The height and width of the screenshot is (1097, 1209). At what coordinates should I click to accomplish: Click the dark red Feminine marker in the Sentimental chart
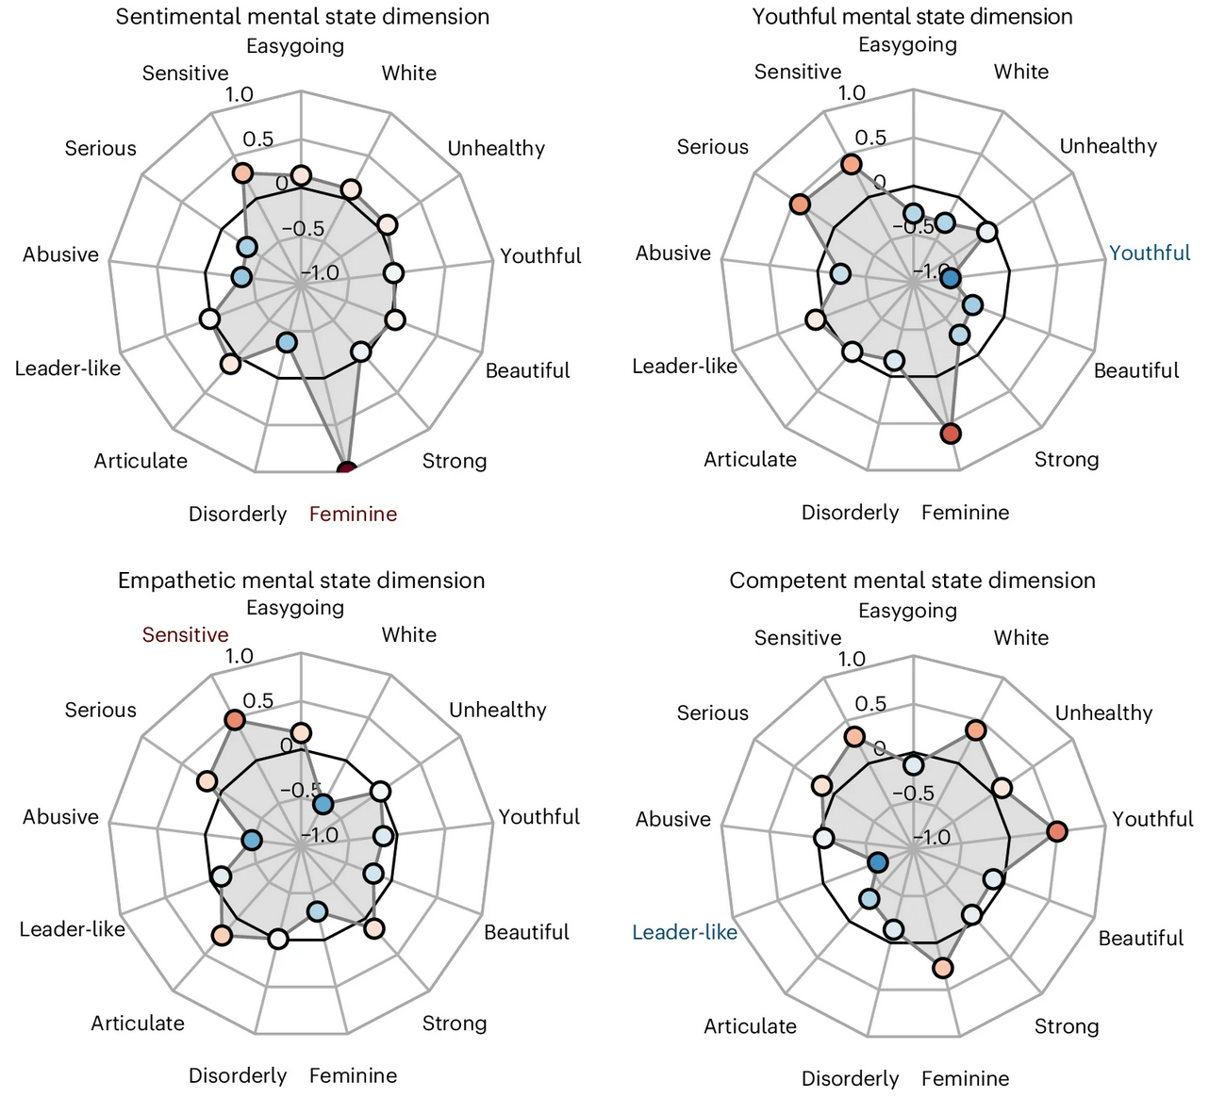(x=346, y=468)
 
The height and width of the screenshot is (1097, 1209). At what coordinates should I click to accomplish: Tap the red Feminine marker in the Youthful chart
(x=950, y=434)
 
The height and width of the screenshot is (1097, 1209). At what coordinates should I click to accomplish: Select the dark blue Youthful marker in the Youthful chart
(x=950, y=278)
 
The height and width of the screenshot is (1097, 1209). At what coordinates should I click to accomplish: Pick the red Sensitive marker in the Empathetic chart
(x=234, y=721)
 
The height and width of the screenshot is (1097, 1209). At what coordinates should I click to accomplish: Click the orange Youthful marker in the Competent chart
(x=1056, y=831)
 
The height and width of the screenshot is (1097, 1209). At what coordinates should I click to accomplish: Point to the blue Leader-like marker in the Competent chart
(x=878, y=862)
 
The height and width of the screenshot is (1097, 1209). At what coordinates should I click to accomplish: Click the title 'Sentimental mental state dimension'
(x=302, y=16)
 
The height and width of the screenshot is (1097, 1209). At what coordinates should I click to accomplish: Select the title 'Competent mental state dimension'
(x=912, y=580)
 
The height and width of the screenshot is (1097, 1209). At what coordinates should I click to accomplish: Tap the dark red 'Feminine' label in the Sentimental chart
(x=353, y=514)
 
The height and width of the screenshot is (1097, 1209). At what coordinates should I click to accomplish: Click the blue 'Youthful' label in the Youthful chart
(x=1150, y=253)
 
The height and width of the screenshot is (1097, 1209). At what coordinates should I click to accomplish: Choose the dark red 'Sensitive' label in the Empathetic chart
(x=185, y=634)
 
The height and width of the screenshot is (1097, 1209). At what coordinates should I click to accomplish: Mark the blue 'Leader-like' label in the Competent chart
(x=685, y=932)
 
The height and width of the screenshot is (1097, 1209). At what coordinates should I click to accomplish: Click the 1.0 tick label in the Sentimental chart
(x=240, y=94)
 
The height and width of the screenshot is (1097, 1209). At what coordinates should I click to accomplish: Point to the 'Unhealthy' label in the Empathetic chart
(x=497, y=710)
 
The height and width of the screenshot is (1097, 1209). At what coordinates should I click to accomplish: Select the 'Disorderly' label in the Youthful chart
(x=850, y=512)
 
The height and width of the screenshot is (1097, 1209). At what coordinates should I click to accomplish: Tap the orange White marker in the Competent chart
(x=975, y=730)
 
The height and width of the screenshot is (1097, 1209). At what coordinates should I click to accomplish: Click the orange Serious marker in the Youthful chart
(x=800, y=205)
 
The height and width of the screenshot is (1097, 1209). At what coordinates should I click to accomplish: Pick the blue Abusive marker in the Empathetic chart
(x=250, y=840)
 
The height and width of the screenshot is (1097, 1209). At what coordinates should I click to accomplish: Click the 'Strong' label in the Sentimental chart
(x=454, y=461)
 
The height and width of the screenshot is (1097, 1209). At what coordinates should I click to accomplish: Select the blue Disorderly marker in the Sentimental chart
(x=287, y=342)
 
